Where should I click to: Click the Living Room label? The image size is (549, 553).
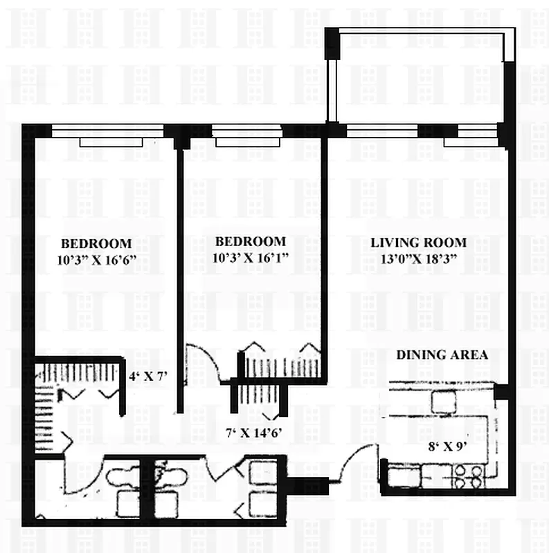[418, 243]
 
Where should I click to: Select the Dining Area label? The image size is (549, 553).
[442, 355]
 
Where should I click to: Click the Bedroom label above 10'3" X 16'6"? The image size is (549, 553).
[96, 243]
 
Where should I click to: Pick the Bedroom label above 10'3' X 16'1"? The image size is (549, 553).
[251, 241]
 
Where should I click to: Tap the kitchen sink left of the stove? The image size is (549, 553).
[400, 475]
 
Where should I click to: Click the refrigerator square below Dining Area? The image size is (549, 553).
[442, 402]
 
